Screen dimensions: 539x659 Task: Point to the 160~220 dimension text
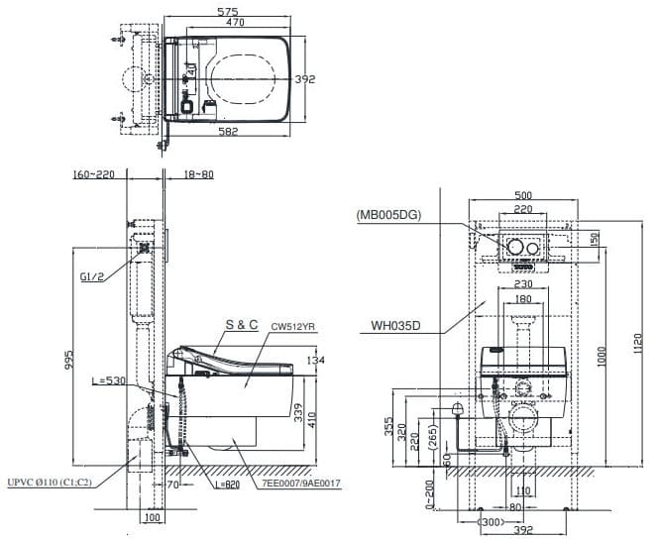(x=94, y=174)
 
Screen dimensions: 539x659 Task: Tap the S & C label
(x=242, y=325)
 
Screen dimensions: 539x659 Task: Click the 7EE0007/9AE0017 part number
(x=295, y=483)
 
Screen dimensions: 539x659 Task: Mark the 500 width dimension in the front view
(x=524, y=195)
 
